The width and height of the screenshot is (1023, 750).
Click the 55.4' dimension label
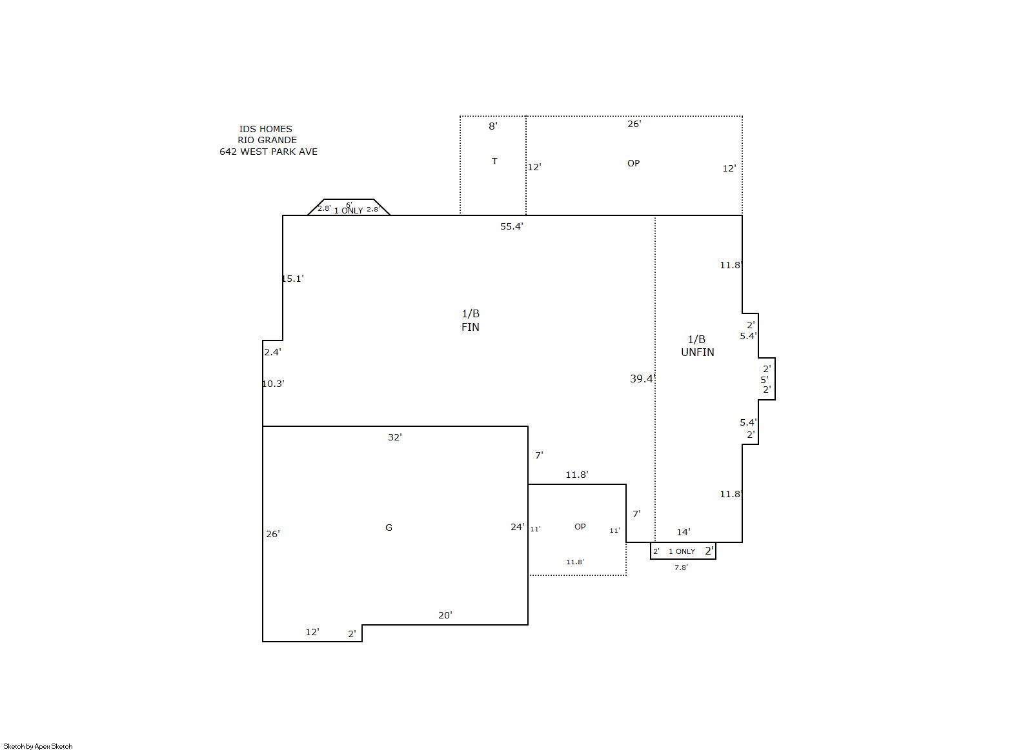(x=511, y=226)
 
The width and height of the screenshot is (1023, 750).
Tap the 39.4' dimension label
(x=643, y=379)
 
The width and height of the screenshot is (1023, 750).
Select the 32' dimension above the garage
(x=395, y=437)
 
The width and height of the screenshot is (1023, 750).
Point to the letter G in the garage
(x=389, y=528)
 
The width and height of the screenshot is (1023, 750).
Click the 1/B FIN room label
(x=471, y=321)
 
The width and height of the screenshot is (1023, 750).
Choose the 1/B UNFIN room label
(x=697, y=346)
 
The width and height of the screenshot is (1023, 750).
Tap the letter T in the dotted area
(x=494, y=161)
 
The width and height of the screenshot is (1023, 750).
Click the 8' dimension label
(x=492, y=126)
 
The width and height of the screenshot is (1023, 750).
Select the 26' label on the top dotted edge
(x=634, y=124)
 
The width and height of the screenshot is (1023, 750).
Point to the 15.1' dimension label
(x=292, y=279)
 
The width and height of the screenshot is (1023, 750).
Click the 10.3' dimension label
(x=273, y=384)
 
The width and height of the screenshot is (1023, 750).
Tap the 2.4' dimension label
(x=272, y=351)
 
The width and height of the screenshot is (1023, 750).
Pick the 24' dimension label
(x=518, y=527)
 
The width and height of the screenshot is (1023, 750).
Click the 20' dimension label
(x=445, y=615)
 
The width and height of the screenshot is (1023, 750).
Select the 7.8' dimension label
(x=681, y=567)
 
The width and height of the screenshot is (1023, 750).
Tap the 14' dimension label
(x=684, y=532)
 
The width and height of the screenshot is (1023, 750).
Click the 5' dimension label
(x=765, y=380)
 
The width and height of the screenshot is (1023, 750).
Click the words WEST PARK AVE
(x=279, y=152)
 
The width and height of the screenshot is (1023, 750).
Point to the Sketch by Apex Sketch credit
(x=38, y=746)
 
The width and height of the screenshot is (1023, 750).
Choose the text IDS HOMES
(x=265, y=129)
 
